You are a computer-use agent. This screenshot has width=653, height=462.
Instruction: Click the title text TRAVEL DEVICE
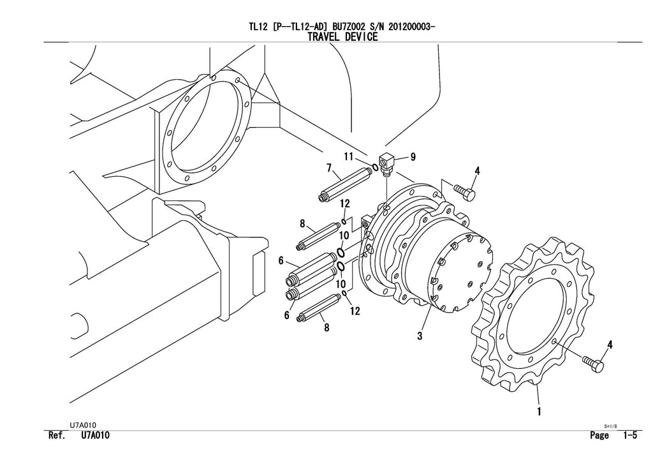(x=342, y=37)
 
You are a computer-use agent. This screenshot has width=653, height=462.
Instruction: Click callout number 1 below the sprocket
(x=539, y=412)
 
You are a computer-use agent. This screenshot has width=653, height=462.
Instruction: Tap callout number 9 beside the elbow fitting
(x=413, y=157)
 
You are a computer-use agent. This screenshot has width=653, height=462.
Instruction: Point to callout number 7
(x=329, y=168)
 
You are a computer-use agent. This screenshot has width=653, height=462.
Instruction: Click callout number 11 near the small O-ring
(x=349, y=156)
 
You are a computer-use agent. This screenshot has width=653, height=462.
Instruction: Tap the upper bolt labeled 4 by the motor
(x=466, y=192)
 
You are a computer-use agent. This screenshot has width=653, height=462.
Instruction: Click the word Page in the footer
(x=600, y=436)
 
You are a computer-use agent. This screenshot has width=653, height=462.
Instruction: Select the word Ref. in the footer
(x=58, y=436)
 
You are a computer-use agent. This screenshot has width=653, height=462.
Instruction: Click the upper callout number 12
(x=345, y=204)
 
